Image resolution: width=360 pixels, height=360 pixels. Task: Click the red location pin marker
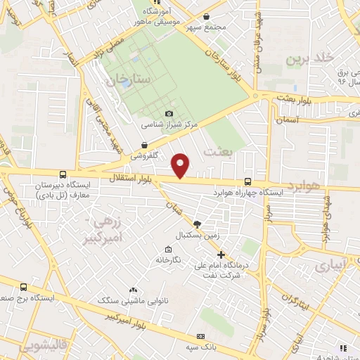pyautogui.click(x=181, y=165)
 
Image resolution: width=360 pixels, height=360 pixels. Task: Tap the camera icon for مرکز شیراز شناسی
pyautogui.click(x=169, y=113)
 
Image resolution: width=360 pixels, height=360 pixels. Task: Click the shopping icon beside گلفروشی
pyautogui.click(x=143, y=145)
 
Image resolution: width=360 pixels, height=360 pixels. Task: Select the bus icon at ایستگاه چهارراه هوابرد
pyautogui.click(x=247, y=181)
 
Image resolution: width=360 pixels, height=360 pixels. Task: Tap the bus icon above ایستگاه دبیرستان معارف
pyautogui.click(x=63, y=174)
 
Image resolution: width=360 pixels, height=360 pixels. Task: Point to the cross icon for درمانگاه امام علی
pyautogui.click(x=221, y=255)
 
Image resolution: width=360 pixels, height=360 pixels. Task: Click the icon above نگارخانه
pyautogui.click(x=167, y=250)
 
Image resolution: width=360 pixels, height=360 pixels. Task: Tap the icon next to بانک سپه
pyautogui.click(x=201, y=337)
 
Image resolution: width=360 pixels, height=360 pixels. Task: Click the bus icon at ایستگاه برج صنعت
pyautogui.click(x=25, y=287)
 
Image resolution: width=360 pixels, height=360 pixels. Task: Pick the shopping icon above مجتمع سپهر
pyautogui.click(x=205, y=16)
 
